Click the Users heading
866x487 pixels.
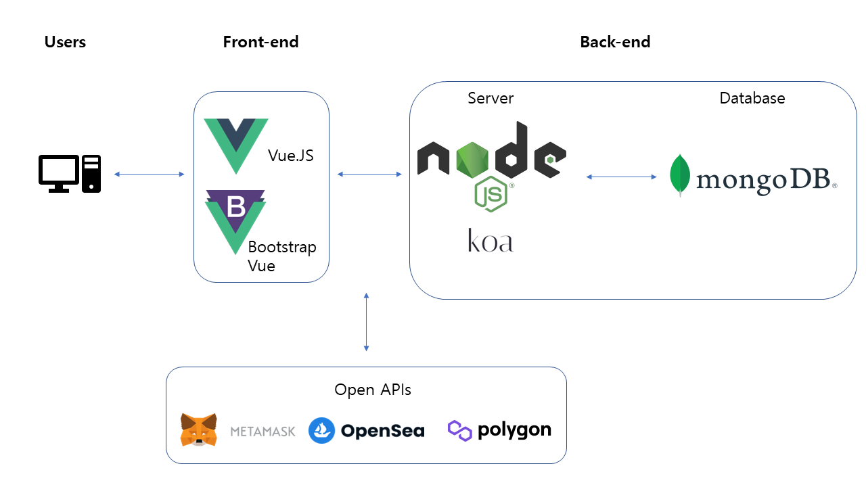(x=65, y=42)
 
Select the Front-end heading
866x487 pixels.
(x=260, y=42)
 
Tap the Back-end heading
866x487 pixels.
(x=615, y=42)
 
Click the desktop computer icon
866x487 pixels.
(x=69, y=174)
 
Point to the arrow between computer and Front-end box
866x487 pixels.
(x=149, y=175)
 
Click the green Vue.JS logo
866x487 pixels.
(x=236, y=145)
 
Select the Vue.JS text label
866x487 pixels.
(x=290, y=156)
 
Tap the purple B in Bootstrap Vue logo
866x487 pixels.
(x=236, y=206)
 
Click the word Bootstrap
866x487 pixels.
(x=281, y=248)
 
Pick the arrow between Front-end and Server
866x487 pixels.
(x=369, y=175)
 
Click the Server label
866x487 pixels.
(x=491, y=98)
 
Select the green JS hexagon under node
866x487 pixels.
(x=492, y=195)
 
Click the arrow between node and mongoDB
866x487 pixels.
(x=621, y=177)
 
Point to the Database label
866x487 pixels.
(x=752, y=98)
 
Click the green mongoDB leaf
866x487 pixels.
(x=680, y=175)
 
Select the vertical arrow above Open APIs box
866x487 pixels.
(x=366, y=322)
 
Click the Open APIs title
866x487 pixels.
(x=372, y=390)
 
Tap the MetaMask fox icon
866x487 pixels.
(x=199, y=430)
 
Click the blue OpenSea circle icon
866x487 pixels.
(x=321, y=430)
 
